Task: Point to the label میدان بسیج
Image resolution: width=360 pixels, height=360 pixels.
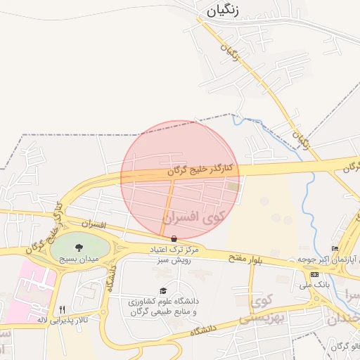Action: coord(78,259)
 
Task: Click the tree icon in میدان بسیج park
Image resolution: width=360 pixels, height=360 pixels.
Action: coord(78,247)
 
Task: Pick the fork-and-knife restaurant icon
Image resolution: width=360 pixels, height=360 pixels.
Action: coord(62,309)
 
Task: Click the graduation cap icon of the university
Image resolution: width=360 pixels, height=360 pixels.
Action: coord(164,290)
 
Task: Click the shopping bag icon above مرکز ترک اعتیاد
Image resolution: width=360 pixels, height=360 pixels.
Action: coord(174,238)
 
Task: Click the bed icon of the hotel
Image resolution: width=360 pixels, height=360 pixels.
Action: coord(335,249)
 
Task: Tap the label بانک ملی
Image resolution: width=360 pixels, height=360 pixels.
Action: coord(314,285)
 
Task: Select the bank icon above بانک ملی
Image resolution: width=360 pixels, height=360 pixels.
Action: coord(314,274)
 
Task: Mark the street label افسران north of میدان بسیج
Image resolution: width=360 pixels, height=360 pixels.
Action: coord(92,225)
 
